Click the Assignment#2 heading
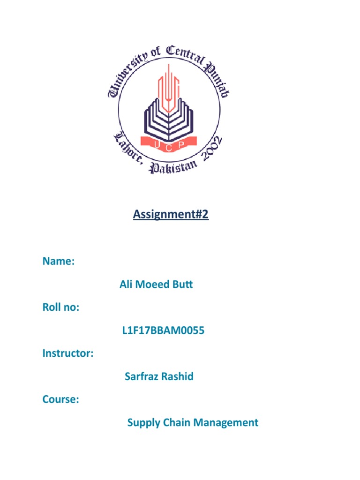click(171, 215)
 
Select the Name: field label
click(58, 262)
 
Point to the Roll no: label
click(60, 307)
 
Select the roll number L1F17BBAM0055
click(163, 331)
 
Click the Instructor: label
click(67, 354)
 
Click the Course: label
click(60, 400)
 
